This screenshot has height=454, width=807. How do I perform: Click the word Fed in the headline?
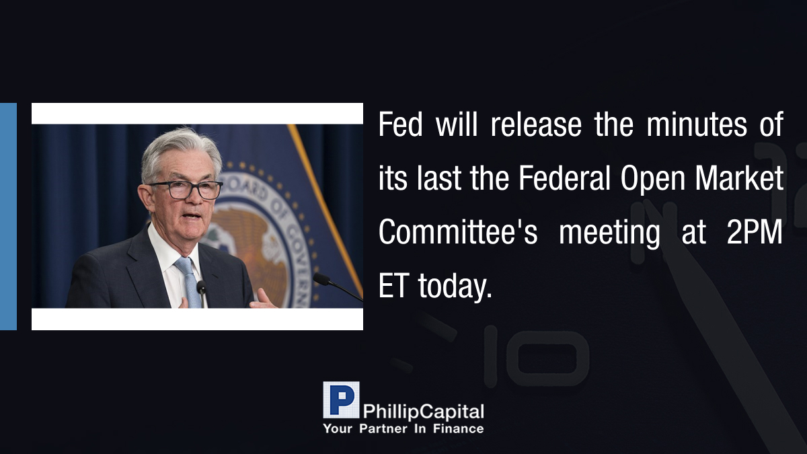[x=400, y=124]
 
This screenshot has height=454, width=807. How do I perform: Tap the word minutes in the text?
[x=697, y=124]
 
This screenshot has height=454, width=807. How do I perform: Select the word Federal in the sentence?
[x=564, y=178]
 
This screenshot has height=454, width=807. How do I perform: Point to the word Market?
[x=739, y=178]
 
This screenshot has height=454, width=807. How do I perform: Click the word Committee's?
[x=458, y=232]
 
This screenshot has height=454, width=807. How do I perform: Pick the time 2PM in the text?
[x=755, y=232]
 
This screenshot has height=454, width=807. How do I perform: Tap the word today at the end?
[x=455, y=287]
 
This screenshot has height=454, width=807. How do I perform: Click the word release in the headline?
[x=536, y=124]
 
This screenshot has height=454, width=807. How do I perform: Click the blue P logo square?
[x=341, y=400]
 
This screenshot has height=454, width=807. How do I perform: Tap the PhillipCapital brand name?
[x=423, y=412]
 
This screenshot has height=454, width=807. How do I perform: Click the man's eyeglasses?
[x=186, y=190]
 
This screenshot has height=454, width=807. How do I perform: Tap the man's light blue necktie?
[x=189, y=282]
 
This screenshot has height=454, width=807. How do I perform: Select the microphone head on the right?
[x=321, y=279]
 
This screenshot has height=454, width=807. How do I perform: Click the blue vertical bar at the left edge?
[x=8, y=216]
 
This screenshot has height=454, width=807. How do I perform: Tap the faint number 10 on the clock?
[x=537, y=356]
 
